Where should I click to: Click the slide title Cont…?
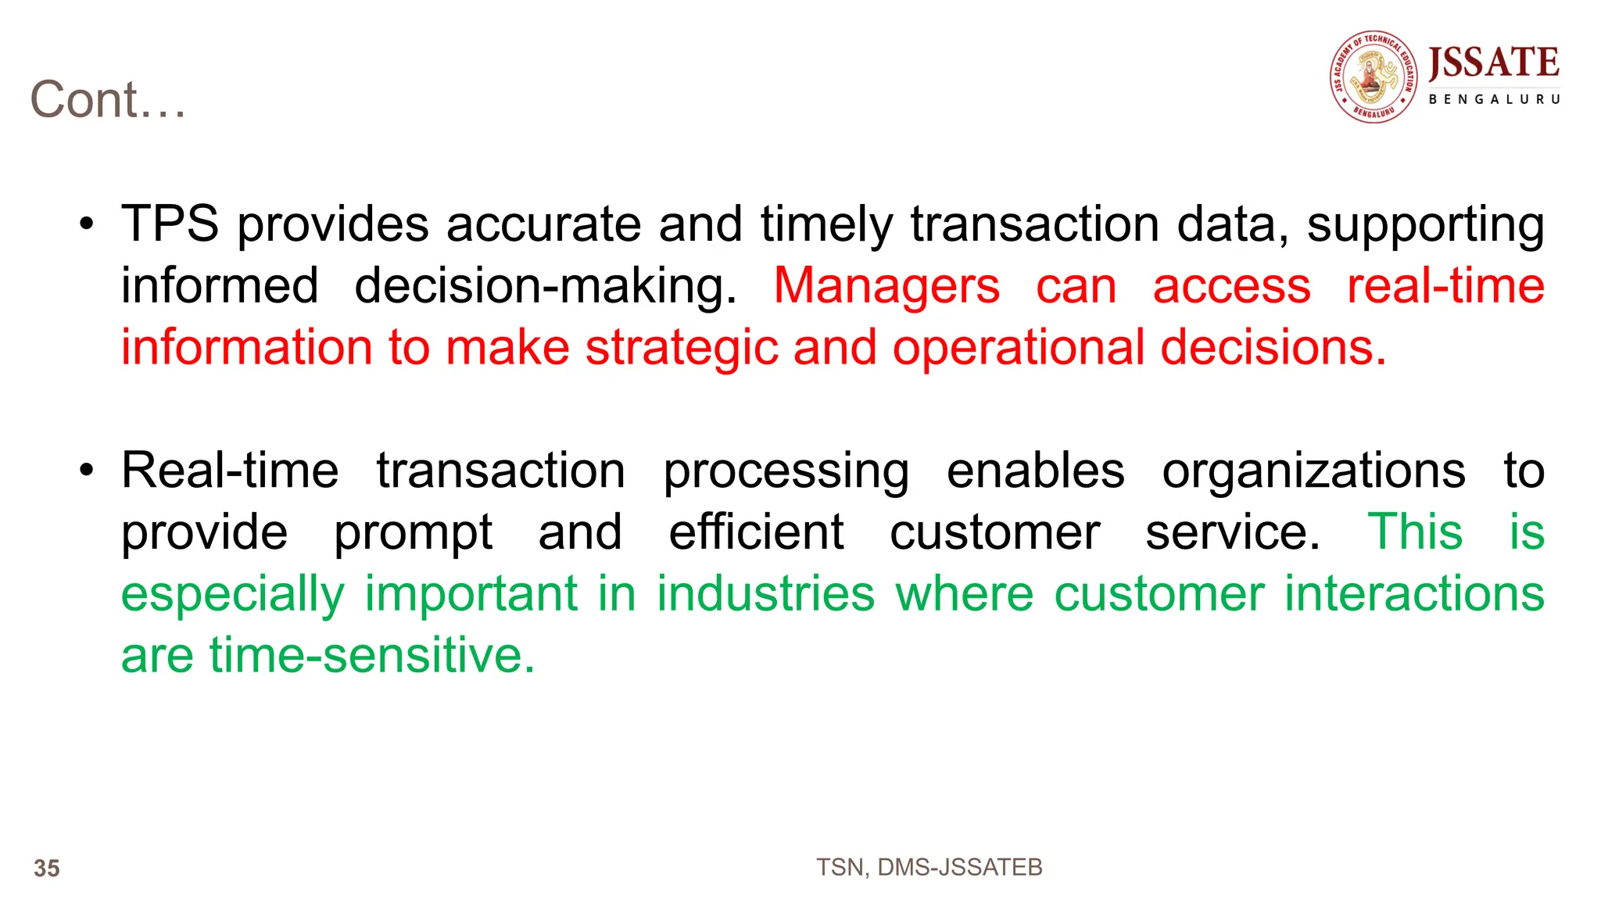108,100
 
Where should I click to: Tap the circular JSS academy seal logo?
1374,77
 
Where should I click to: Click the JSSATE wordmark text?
1493,63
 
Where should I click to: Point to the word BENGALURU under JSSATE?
1494,99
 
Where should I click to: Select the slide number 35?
47,868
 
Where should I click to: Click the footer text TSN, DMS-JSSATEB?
929,867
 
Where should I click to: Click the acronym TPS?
170,224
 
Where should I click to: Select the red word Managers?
886,286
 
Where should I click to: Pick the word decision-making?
545,287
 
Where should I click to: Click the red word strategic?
682,348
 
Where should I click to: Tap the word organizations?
1313,471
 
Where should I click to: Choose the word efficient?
756,532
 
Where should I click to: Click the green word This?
1415,532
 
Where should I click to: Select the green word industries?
765,593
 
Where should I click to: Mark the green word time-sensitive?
372,655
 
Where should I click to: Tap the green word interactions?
1414,593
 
